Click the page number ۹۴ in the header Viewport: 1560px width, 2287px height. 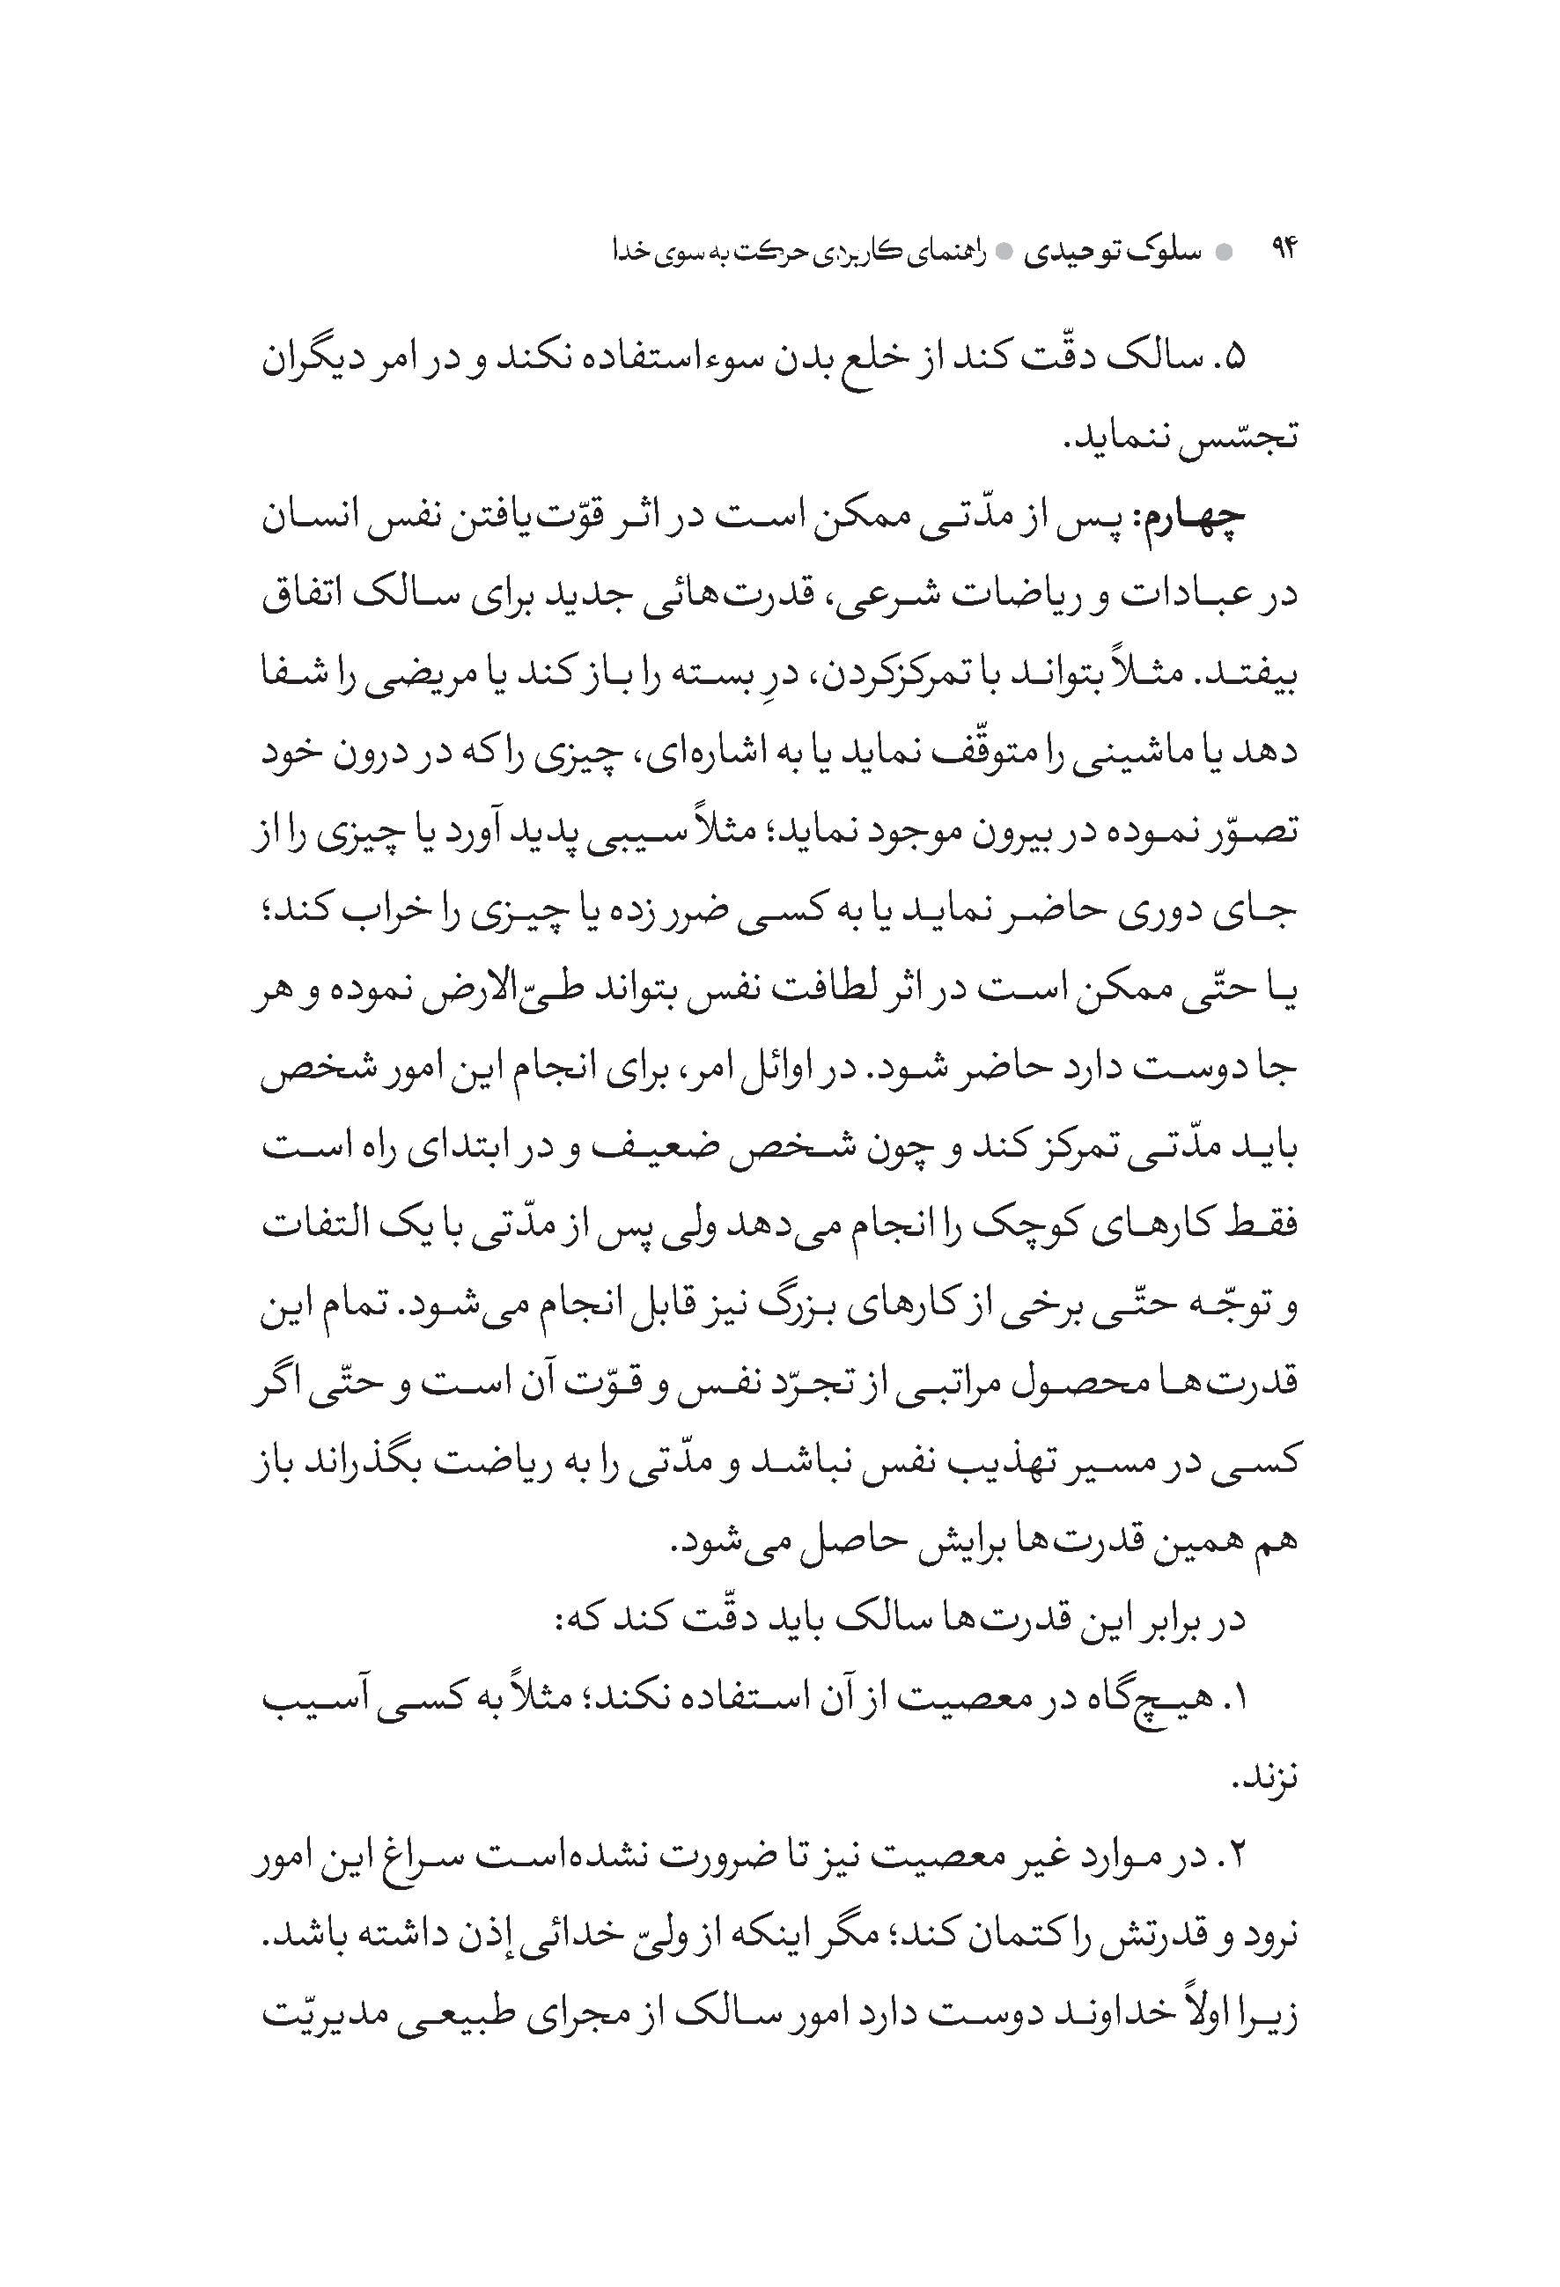[x=1284, y=251]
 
